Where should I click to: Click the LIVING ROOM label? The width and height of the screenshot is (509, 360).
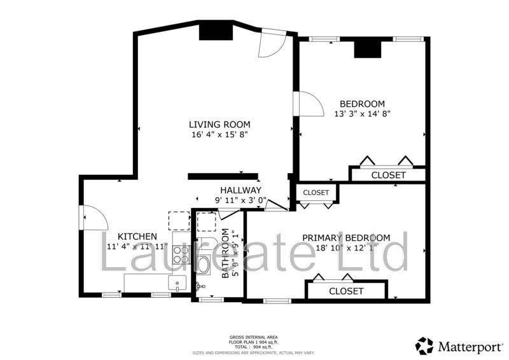click(220, 124)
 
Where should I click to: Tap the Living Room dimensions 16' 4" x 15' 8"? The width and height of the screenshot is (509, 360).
click(220, 135)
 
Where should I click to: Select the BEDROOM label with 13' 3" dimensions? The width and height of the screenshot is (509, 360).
click(362, 104)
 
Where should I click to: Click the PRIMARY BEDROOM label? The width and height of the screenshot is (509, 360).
click(355, 237)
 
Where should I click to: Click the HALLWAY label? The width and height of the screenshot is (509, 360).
click(241, 190)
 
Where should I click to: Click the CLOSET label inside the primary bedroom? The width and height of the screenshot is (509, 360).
click(346, 291)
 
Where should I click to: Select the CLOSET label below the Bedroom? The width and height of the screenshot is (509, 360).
click(388, 175)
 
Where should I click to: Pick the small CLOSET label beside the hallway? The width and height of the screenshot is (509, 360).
click(316, 192)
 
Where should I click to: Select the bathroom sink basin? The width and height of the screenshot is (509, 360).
click(199, 286)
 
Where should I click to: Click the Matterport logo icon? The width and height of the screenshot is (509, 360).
click(424, 345)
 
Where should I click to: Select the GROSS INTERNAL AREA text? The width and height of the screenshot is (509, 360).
click(253, 336)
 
